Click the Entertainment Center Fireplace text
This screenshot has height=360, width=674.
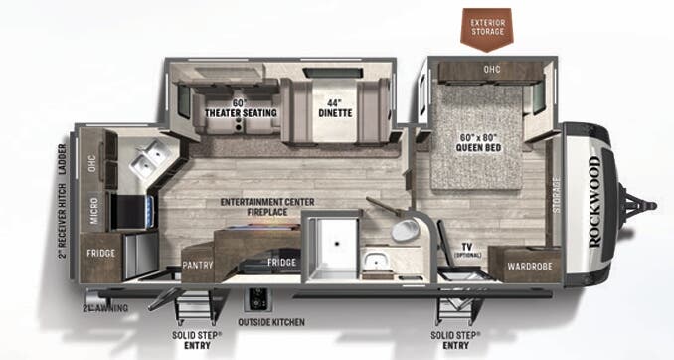click(267, 207)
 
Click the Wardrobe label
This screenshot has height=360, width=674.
click(523, 266)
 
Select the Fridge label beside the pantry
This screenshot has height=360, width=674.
click(280, 263)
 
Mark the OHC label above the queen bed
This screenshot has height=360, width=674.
click(491, 70)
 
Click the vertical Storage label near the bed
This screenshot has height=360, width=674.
click(556, 196)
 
